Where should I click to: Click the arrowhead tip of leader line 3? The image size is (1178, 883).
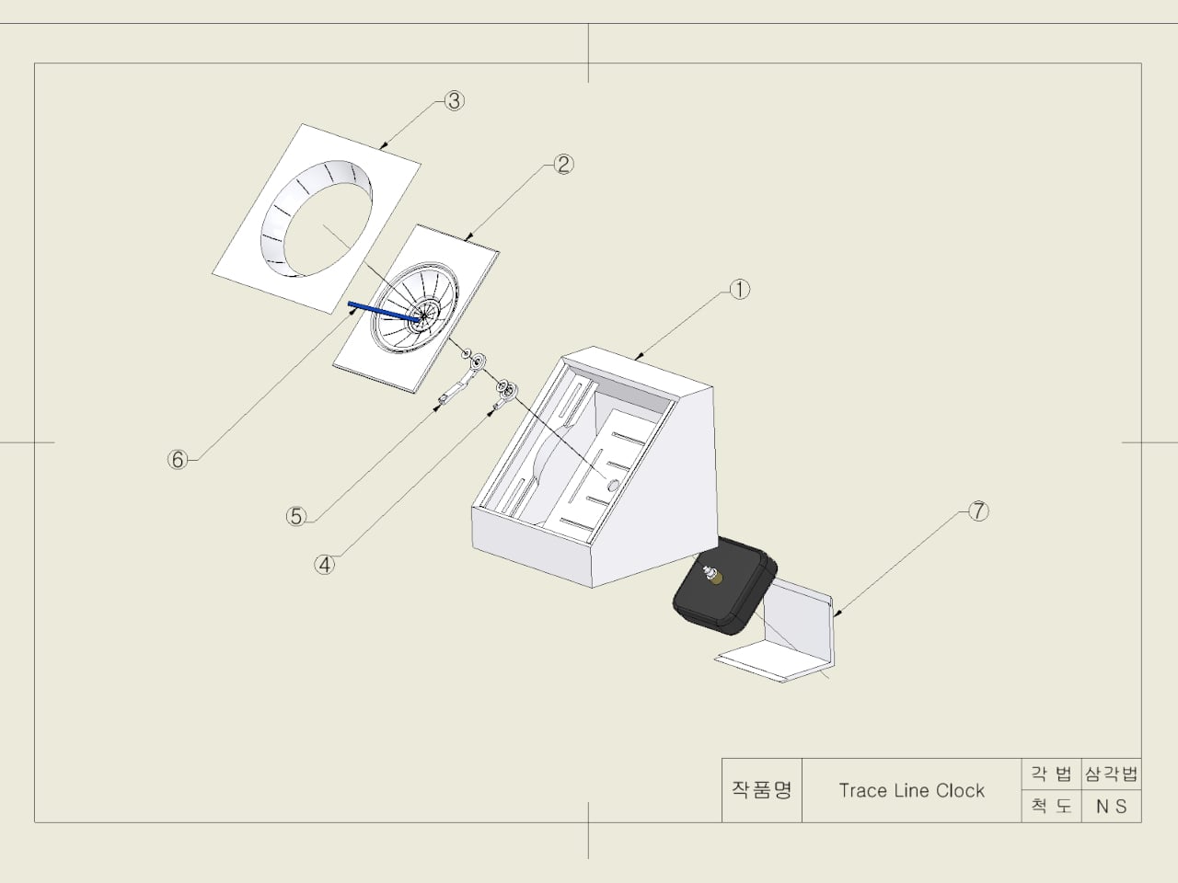pos(380,148)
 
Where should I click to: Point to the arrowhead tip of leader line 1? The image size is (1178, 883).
pos(634,359)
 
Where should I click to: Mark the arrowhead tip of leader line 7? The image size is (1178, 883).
pos(835,616)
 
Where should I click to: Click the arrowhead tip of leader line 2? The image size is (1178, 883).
pos(465,239)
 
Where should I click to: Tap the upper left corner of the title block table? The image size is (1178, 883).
pos(722,758)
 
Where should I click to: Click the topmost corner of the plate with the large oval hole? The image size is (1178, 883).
pos(303,124)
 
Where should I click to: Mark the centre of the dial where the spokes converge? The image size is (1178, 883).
pos(422,316)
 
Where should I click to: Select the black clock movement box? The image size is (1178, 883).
pos(724,586)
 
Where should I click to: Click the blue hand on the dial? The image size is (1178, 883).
pos(384,312)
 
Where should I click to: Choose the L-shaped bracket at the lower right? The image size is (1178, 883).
pos(775,633)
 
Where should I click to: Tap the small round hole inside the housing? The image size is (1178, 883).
pos(612,485)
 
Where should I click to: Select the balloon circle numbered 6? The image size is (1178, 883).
pos(178,460)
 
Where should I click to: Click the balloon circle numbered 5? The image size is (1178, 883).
pos(296,516)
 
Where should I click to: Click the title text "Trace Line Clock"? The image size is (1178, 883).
pos(911,791)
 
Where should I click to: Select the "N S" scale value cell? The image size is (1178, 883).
pos(1111,807)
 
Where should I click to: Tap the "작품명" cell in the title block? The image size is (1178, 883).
pos(761,790)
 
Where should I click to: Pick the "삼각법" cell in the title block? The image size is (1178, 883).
pos(1111,774)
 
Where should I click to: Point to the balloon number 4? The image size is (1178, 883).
pos(324,565)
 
